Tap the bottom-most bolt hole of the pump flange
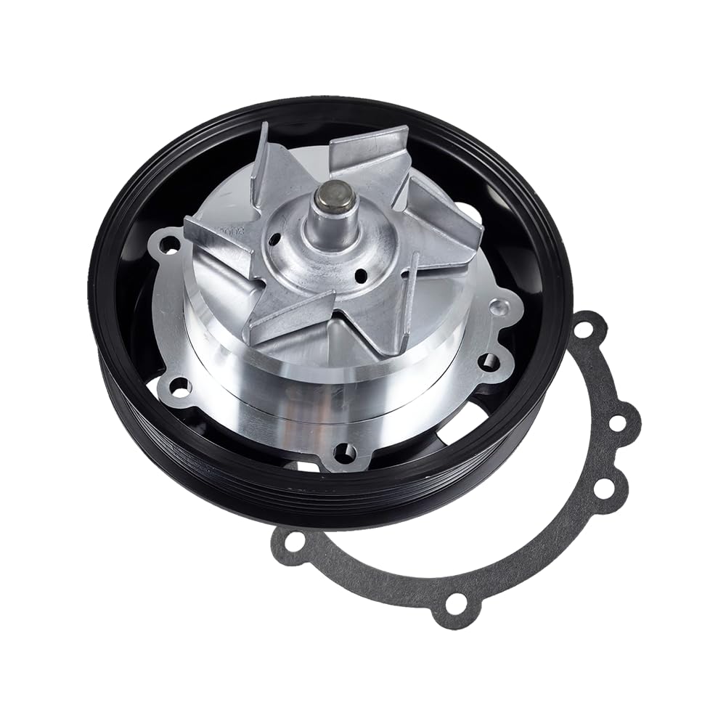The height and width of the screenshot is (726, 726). click(x=344, y=453)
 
